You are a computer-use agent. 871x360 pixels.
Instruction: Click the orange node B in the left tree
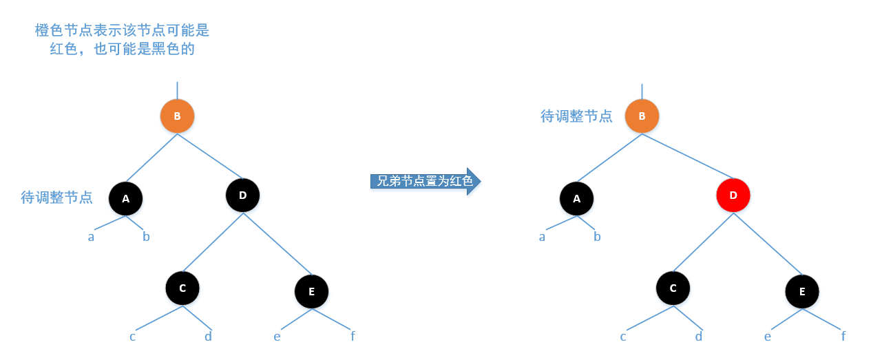point(177,116)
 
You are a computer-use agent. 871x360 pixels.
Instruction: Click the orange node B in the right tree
point(642,116)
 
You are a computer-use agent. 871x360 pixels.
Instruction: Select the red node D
point(733,195)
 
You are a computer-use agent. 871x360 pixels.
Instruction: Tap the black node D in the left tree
point(242,195)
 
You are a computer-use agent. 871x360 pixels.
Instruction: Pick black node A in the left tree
point(125,199)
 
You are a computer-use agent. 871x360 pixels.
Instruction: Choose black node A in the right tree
point(576,199)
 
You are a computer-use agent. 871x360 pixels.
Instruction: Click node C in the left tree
point(182,288)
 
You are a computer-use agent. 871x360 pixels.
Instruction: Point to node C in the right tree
point(673,288)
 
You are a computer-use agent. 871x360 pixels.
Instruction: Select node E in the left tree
point(311,292)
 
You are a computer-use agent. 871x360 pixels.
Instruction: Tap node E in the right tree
point(801,292)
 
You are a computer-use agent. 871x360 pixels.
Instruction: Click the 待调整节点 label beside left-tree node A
point(56,198)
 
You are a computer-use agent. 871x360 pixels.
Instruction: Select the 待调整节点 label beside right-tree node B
point(576,116)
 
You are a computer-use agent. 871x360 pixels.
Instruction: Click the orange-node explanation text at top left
point(122,40)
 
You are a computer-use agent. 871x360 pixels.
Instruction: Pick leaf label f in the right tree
point(843,336)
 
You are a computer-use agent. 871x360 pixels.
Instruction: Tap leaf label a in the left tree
point(91,237)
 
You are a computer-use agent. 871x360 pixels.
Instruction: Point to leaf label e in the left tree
point(277,336)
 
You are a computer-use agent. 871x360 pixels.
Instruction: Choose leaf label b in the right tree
point(597,237)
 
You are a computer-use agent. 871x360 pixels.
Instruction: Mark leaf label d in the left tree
point(208,336)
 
